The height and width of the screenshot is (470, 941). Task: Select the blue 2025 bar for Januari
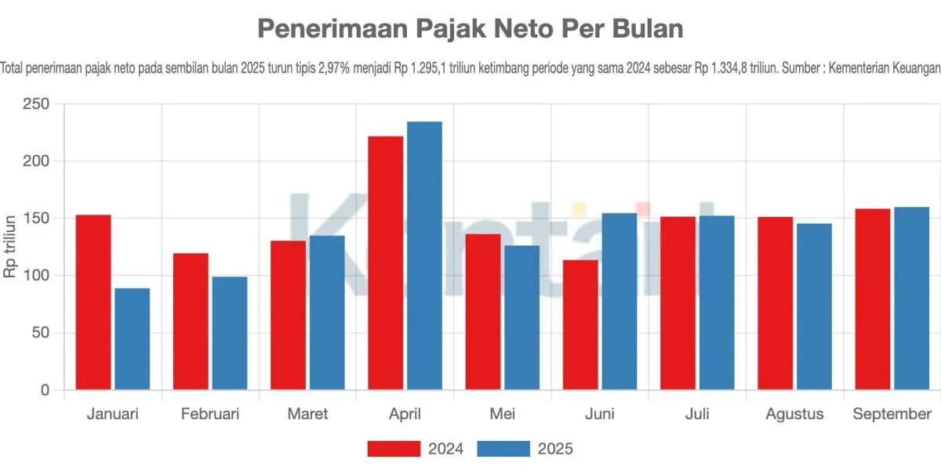pyautogui.click(x=132, y=338)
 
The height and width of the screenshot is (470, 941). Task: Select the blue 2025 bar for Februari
pyautogui.click(x=229, y=333)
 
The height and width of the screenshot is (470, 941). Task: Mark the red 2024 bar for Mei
pyautogui.click(x=483, y=311)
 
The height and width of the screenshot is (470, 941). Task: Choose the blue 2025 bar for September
pyautogui.click(x=911, y=298)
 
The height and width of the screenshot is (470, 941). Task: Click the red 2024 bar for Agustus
pyautogui.click(x=775, y=303)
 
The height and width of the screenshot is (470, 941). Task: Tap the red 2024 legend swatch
pyautogui.click(x=394, y=449)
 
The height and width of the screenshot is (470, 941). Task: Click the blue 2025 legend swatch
pyautogui.click(x=503, y=449)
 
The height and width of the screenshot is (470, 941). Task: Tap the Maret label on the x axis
pyautogui.click(x=308, y=414)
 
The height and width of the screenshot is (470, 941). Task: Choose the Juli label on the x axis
pyautogui.click(x=697, y=414)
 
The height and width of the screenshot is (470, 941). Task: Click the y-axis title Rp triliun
pyautogui.click(x=11, y=247)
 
